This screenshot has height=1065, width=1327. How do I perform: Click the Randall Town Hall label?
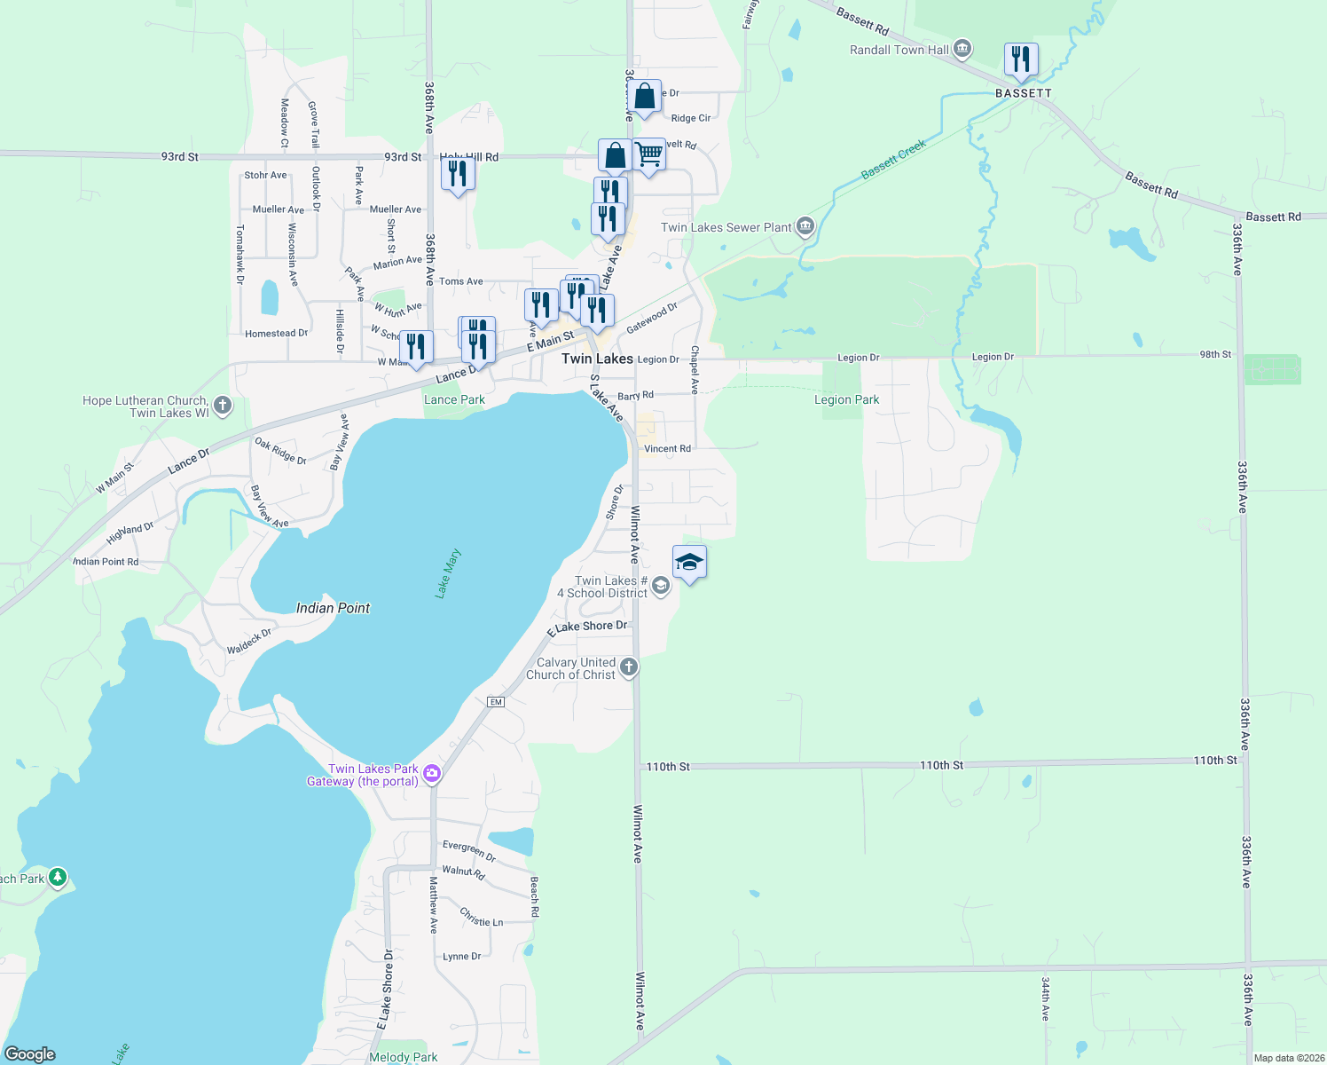pyautogui.click(x=899, y=51)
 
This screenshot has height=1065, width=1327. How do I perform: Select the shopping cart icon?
pyautogui.click(x=649, y=155)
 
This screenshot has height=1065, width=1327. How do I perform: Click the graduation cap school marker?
pyautogui.click(x=689, y=563)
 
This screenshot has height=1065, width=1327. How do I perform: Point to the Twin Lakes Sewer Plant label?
pyautogui.click(x=726, y=228)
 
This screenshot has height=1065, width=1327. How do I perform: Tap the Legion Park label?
pyautogui.click(x=846, y=400)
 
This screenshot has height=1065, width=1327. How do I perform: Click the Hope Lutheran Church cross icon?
pyautogui.click(x=223, y=406)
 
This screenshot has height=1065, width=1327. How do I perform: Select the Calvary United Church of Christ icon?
pyautogui.click(x=629, y=667)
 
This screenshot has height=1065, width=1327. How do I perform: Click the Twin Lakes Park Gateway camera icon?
pyautogui.click(x=432, y=774)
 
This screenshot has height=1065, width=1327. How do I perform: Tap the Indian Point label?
pyautogui.click(x=333, y=608)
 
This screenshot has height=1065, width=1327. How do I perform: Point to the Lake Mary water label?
pyautogui.click(x=448, y=573)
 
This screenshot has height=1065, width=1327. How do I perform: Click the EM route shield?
pyautogui.click(x=496, y=702)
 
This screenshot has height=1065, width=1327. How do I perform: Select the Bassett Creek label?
pyautogui.click(x=893, y=160)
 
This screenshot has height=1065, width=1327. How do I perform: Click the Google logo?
pyautogui.click(x=30, y=1054)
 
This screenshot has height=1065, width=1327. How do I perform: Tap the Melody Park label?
pyautogui.click(x=404, y=1057)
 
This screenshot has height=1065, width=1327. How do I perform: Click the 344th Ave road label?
pyautogui.click(x=1046, y=999)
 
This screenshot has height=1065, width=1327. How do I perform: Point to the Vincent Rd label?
pyautogui.click(x=667, y=449)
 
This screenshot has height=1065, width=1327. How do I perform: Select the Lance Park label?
pyautogui.click(x=454, y=400)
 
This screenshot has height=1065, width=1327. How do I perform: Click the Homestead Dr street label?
pyautogui.click(x=276, y=334)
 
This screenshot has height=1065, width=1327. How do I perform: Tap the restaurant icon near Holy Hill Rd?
pyautogui.click(x=458, y=174)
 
